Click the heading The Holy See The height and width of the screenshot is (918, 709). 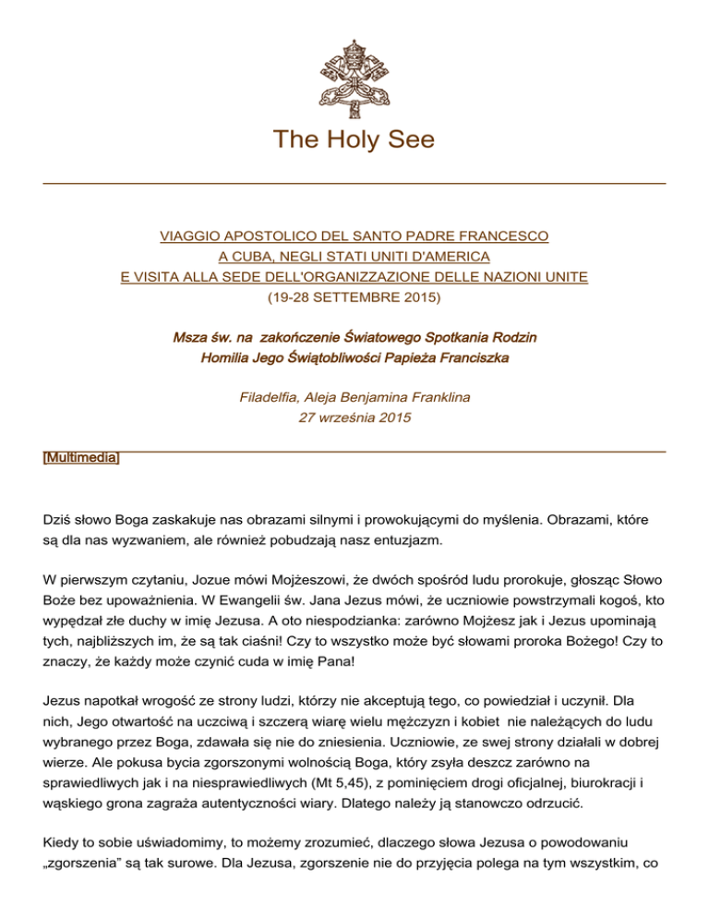click(354, 140)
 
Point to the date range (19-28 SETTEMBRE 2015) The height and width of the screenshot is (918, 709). click(354, 297)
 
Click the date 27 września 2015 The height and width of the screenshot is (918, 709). click(354, 419)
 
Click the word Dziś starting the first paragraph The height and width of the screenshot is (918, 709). click(58, 520)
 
